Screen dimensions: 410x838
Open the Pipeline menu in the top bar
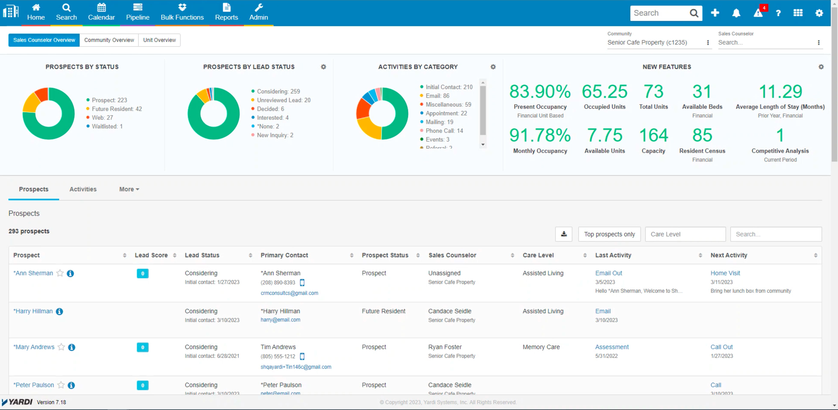[138, 12]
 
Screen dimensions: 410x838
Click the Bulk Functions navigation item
[182, 12]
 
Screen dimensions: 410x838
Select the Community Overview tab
[109, 40]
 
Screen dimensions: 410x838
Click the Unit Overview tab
[159, 40]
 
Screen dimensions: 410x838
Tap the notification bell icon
[736, 13]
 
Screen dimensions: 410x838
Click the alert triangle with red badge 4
[758, 13]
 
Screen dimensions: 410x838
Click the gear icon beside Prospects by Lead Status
[323, 67]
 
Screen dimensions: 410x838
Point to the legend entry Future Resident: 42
[116, 109]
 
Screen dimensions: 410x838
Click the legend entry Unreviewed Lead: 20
[283, 100]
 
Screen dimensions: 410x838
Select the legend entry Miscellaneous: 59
[448, 104]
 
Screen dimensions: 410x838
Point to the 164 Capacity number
[653, 135]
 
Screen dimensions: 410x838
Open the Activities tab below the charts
[83, 189]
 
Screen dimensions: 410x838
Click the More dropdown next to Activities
[129, 189]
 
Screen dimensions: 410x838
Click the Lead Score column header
[151, 255]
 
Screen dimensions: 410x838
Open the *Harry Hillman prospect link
[33, 311]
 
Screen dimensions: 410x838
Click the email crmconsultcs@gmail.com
[289, 293]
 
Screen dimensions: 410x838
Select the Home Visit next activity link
[725, 273]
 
